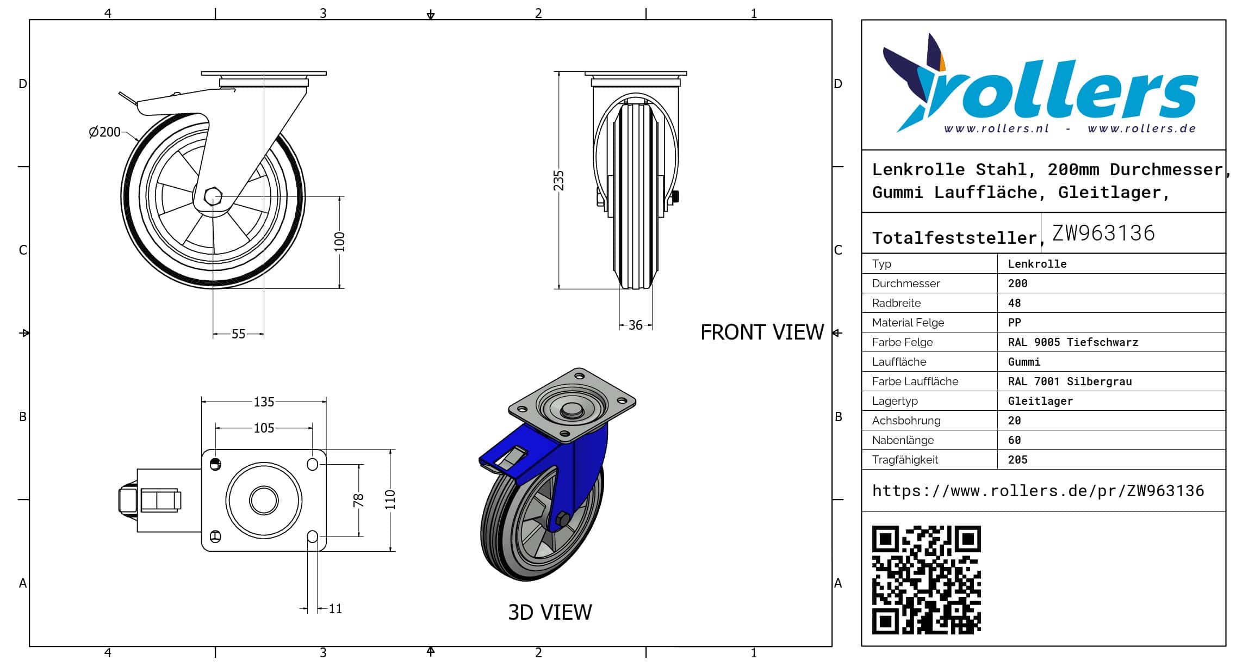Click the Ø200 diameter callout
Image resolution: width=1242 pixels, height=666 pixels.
(x=104, y=132)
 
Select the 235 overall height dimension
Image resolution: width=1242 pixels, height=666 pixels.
(x=558, y=181)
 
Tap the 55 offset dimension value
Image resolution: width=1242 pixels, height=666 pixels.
(x=239, y=334)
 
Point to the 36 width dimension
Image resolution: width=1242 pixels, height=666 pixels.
(x=636, y=325)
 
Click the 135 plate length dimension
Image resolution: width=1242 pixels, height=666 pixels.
(x=264, y=402)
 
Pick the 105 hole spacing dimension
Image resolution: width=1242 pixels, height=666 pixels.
(x=264, y=428)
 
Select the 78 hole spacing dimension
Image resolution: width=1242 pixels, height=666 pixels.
(x=358, y=501)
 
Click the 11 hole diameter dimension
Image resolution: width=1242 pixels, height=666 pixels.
(x=336, y=609)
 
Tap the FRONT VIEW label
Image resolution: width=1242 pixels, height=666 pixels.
(x=762, y=332)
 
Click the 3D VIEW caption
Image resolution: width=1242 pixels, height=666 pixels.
(x=550, y=613)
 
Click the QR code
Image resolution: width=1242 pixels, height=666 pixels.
(x=926, y=579)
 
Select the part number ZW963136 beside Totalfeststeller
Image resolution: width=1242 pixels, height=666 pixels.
(x=1103, y=233)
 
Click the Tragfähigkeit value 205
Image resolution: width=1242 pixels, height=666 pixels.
(x=1017, y=460)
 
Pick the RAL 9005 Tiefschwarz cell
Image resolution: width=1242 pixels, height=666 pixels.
(x=1073, y=343)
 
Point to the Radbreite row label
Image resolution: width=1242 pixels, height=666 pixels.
(x=896, y=303)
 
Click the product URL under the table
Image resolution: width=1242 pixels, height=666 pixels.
(x=1038, y=491)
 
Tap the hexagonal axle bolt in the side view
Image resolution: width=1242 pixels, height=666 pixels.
(x=213, y=196)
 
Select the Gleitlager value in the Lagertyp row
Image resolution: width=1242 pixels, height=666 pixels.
(x=1040, y=402)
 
